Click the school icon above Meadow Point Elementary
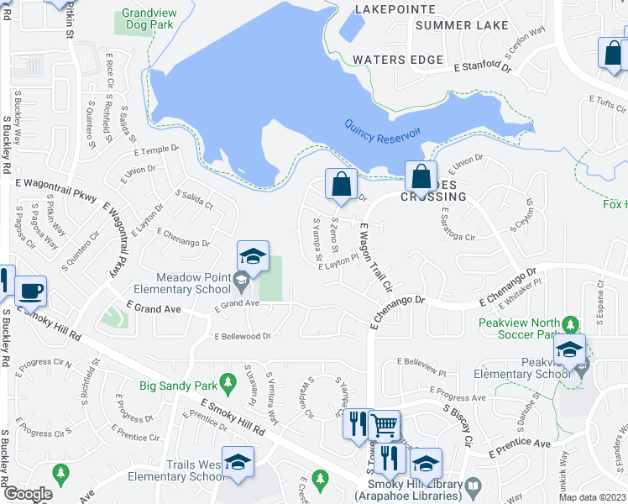pos(253,256)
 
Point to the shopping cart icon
pos(385,425)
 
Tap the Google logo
pos(28,494)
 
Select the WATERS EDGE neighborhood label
pos(398,60)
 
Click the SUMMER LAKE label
pos(462,25)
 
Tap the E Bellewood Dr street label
pos(243,336)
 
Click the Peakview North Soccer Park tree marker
pos(571,323)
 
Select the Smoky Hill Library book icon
pos(474,486)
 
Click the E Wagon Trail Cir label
pos(375,257)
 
